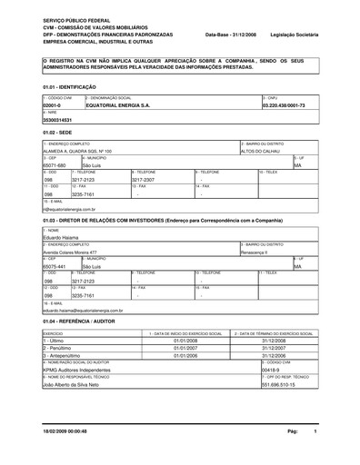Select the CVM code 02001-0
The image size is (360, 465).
pyautogui.click(x=54, y=105)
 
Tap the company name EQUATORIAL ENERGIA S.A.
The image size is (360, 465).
pyautogui.click(x=118, y=105)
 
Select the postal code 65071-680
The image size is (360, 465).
pyautogui.click(x=55, y=166)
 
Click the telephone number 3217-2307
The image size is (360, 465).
pyautogui.click(x=133, y=180)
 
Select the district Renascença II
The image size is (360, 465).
pyautogui.click(x=257, y=252)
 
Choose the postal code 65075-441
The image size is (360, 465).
pyautogui.click(x=55, y=267)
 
